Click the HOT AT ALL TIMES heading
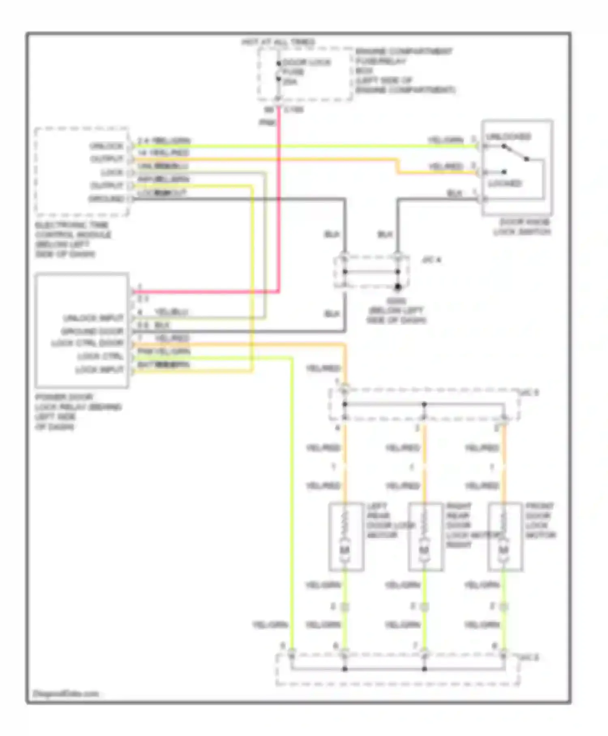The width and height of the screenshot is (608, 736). (x=278, y=42)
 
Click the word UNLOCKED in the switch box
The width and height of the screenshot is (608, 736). (x=508, y=137)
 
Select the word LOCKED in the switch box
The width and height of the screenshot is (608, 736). (x=505, y=184)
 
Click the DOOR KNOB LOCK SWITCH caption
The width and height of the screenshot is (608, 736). (x=522, y=227)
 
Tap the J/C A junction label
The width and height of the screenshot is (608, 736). (x=431, y=260)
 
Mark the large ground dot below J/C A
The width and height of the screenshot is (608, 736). (x=398, y=287)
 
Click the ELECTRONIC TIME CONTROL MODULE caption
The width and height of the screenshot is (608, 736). (x=73, y=239)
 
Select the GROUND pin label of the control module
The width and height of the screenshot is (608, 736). (x=106, y=199)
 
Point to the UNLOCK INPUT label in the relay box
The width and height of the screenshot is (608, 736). (x=93, y=318)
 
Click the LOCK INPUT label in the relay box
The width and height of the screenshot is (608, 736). (x=99, y=370)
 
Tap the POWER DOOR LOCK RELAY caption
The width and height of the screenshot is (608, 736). (x=77, y=411)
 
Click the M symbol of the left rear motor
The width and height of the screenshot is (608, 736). (x=345, y=550)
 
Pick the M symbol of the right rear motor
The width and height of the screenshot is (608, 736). (x=424, y=550)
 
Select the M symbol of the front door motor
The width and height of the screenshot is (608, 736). (x=503, y=550)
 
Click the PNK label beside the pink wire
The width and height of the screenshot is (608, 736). (x=267, y=122)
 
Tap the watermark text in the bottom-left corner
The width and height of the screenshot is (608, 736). (x=66, y=694)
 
